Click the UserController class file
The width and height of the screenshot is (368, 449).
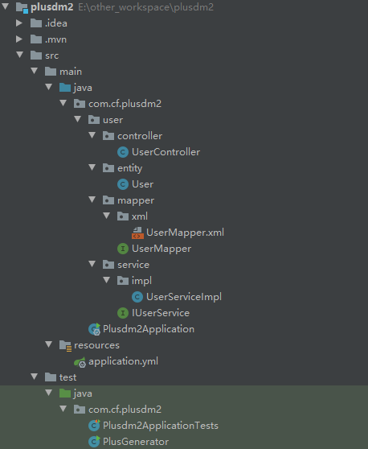[166, 152]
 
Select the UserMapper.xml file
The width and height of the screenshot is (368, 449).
[185, 233]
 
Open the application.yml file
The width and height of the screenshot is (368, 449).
[123, 361]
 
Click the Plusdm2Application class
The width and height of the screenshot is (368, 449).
[149, 329]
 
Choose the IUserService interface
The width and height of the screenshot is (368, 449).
[161, 313]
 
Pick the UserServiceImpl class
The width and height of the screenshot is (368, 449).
[184, 297]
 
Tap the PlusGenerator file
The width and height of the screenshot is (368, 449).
[136, 442]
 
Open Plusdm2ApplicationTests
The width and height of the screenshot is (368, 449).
[161, 426]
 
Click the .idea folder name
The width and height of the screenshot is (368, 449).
[56, 23]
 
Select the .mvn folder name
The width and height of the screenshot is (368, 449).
[55, 39]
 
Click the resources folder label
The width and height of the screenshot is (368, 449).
[96, 345]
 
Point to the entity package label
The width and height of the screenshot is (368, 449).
[130, 168]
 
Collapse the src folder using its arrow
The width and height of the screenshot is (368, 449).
[20, 55]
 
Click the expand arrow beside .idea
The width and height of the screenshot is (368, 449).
[19, 23]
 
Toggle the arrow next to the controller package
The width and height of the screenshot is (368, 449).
[92, 135]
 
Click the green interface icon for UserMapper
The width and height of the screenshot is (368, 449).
[123, 249]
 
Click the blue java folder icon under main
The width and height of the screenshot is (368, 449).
[65, 88]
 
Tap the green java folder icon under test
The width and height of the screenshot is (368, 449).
[65, 393]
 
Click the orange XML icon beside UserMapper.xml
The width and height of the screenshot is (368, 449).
[137, 233]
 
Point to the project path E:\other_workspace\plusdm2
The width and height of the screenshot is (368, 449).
[145, 7]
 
